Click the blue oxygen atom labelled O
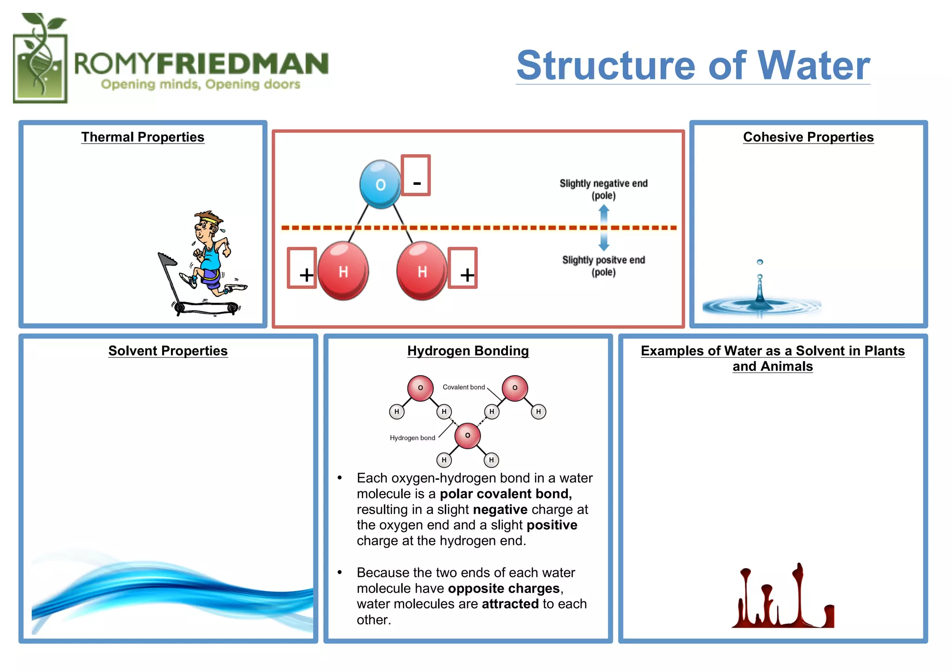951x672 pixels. (380, 184)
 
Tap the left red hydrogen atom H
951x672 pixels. (343, 271)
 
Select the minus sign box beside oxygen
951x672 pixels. (416, 176)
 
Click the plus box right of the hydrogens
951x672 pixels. (463, 268)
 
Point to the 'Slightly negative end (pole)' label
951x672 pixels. (603, 189)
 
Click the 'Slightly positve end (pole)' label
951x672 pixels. (603, 266)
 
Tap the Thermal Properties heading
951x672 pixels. (143, 137)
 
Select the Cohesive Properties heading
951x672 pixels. (808, 137)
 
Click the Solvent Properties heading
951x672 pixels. (168, 351)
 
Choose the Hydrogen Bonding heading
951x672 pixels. (468, 351)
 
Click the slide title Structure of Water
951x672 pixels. (693, 65)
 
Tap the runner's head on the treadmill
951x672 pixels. (205, 225)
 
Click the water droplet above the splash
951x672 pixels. (760, 262)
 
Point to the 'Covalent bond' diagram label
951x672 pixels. (463, 387)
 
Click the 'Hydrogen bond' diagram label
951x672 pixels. (412, 437)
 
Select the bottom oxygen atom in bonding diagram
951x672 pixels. (467, 436)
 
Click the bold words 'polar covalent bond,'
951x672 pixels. (506, 494)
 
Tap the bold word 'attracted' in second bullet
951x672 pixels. (510, 604)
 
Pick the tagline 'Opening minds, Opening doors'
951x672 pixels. (201, 85)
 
